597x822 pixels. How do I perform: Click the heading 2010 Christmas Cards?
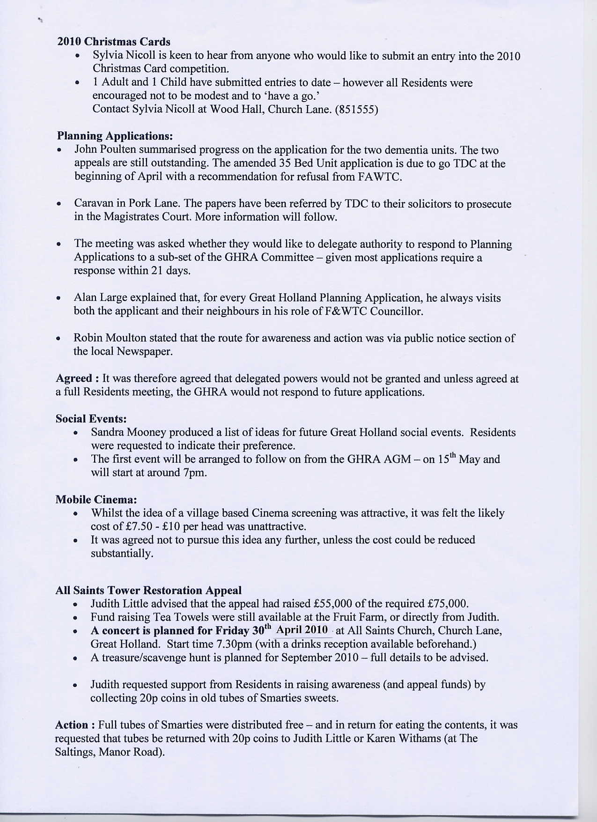tap(114, 42)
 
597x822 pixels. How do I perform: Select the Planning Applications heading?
tap(115, 136)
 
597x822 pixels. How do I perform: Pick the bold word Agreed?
tap(74, 378)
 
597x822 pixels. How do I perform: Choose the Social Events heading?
tap(91, 418)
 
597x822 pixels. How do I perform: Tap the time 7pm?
tap(195, 473)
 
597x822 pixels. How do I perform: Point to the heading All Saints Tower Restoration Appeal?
tap(148, 590)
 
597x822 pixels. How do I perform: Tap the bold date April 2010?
tap(302, 630)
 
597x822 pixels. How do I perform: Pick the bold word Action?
tap(72, 725)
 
